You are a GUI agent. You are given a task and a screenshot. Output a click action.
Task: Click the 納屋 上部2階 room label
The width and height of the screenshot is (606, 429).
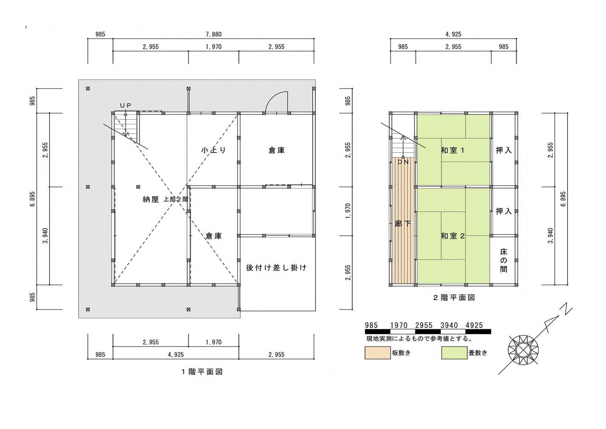click(x=165, y=200)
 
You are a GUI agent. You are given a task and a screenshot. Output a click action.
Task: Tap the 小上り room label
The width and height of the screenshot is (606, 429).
click(x=214, y=150)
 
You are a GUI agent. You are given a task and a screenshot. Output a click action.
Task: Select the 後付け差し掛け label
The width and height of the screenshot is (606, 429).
click(x=276, y=267)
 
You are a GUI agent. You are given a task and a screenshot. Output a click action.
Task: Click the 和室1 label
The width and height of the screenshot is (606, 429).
click(x=453, y=150)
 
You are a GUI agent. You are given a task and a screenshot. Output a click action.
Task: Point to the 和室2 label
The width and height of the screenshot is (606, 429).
click(x=453, y=236)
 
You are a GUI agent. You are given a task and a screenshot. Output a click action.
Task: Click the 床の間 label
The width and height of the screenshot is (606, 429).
click(x=504, y=260)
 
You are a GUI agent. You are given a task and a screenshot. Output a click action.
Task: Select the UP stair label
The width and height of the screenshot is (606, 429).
click(x=126, y=106)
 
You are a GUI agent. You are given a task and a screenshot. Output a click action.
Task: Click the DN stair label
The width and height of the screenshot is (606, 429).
click(x=403, y=162)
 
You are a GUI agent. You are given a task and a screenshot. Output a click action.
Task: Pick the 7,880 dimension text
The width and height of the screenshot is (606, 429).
click(x=214, y=34)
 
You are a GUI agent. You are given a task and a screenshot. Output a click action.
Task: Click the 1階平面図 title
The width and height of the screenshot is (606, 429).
click(x=202, y=372)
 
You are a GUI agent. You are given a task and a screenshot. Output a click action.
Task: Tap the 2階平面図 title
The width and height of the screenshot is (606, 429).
click(x=454, y=298)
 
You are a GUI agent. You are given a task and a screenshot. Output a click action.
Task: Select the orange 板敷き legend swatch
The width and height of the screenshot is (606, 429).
click(x=378, y=353)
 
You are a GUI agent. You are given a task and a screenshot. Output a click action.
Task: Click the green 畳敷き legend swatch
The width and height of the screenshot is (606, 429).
click(x=454, y=353)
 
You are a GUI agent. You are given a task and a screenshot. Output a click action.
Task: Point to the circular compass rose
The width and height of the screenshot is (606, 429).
click(x=523, y=350)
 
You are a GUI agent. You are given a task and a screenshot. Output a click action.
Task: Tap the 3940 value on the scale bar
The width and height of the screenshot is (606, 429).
click(x=449, y=325)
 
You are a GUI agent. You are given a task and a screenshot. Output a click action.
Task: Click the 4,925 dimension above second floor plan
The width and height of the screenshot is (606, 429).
click(x=453, y=34)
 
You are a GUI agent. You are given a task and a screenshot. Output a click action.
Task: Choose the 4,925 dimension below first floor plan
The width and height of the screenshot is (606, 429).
click(x=176, y=355)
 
